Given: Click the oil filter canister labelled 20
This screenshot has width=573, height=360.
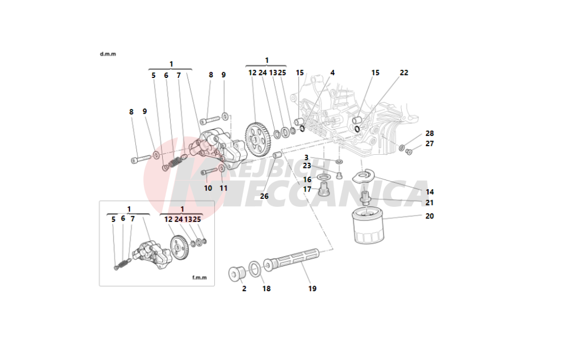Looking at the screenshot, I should [367, 228].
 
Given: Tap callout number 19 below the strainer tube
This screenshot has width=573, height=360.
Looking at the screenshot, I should [312, 289].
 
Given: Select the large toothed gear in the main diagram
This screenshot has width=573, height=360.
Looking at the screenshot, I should [258, 138].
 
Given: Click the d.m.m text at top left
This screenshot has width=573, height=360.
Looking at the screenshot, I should [108, 54].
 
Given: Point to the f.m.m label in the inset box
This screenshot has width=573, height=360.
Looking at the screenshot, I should [199, 278].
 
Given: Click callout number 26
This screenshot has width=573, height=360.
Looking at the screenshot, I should [264, 196].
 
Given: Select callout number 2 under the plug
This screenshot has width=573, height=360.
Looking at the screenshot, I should [244, 289].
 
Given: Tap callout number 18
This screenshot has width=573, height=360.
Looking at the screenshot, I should [266, 289].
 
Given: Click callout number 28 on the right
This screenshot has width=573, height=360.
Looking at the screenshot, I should [430, 133].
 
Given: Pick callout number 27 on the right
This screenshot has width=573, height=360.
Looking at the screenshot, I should [430, 144].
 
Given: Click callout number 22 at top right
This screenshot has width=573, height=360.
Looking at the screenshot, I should [405, 73].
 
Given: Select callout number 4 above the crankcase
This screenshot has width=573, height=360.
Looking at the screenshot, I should [332, 73].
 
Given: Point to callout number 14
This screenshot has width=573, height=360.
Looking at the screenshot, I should [430, 192].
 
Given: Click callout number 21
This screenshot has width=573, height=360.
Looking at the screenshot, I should [430, 203].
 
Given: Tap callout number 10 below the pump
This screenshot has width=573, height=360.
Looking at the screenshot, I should [208, 188].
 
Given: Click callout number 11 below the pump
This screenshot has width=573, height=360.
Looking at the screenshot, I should [223, 188].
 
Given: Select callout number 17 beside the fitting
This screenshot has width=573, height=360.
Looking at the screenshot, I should [307, 189].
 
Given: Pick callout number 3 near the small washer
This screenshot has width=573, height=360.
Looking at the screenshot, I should [307, 157].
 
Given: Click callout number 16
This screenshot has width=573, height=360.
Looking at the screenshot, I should [307, 179].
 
